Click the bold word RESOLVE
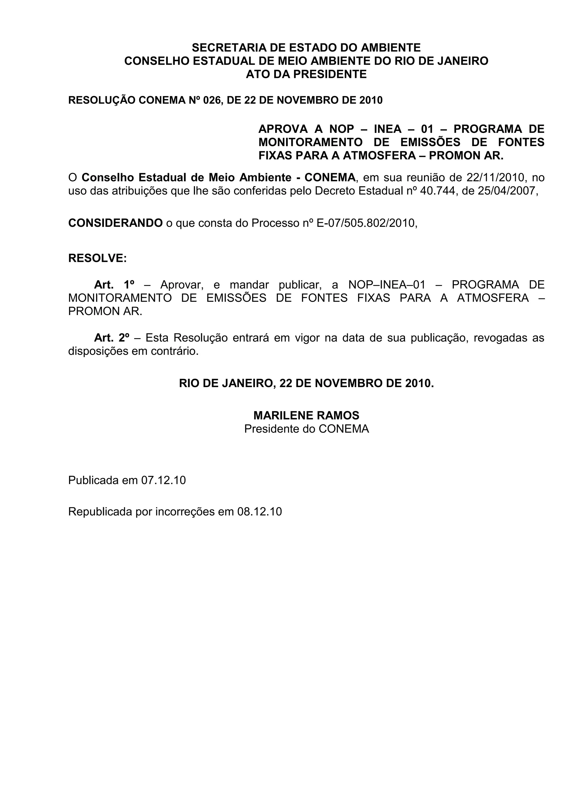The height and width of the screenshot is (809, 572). click(97, 258)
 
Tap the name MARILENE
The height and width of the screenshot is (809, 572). click(283, 416)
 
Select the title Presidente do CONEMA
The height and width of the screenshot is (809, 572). click(306, 429)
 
